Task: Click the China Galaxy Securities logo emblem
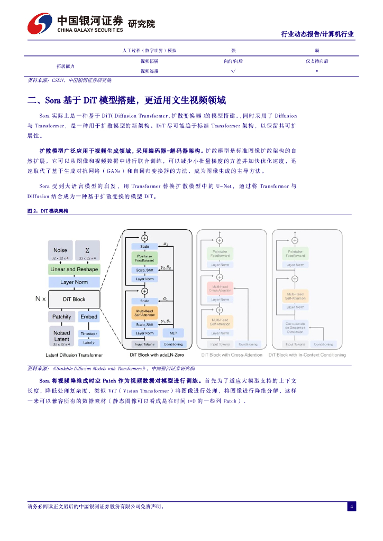point(40,24)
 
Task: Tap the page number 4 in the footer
point(351,506)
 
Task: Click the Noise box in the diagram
point(60,251)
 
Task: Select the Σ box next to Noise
point(87,251)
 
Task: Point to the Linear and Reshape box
point(74,269)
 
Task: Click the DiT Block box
point(74,299)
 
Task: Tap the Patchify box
point(60,316)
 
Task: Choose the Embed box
point(88,316)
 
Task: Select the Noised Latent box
point(61,335)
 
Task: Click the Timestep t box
point(88,334)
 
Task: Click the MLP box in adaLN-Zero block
point(172,333)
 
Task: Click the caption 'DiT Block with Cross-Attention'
point(229,355)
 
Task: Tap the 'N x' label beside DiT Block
point(40,299)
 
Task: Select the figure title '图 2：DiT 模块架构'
point(48,211)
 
